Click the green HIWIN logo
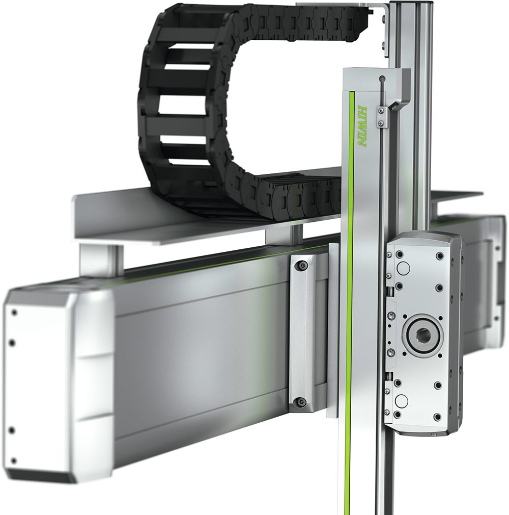tap(362, 126)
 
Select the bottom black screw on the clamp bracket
tap(300, 401)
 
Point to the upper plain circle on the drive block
tap(403, 268)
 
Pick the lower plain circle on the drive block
tap(402, 401)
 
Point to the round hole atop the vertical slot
tap(382, 79)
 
